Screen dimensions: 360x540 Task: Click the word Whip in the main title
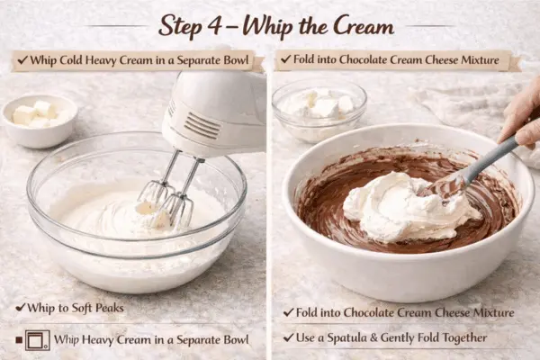(x=272, y=26)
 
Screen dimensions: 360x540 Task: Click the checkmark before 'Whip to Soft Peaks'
(x=19, y=307)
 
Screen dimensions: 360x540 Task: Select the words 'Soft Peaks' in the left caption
(x=106, y=307)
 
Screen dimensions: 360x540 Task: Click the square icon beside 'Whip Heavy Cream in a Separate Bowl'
(x=36, y=339)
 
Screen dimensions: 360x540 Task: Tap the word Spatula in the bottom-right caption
(x=347, y=337)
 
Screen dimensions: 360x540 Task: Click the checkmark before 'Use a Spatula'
(x=288, y=337)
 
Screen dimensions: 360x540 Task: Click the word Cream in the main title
(x=359, y=26)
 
